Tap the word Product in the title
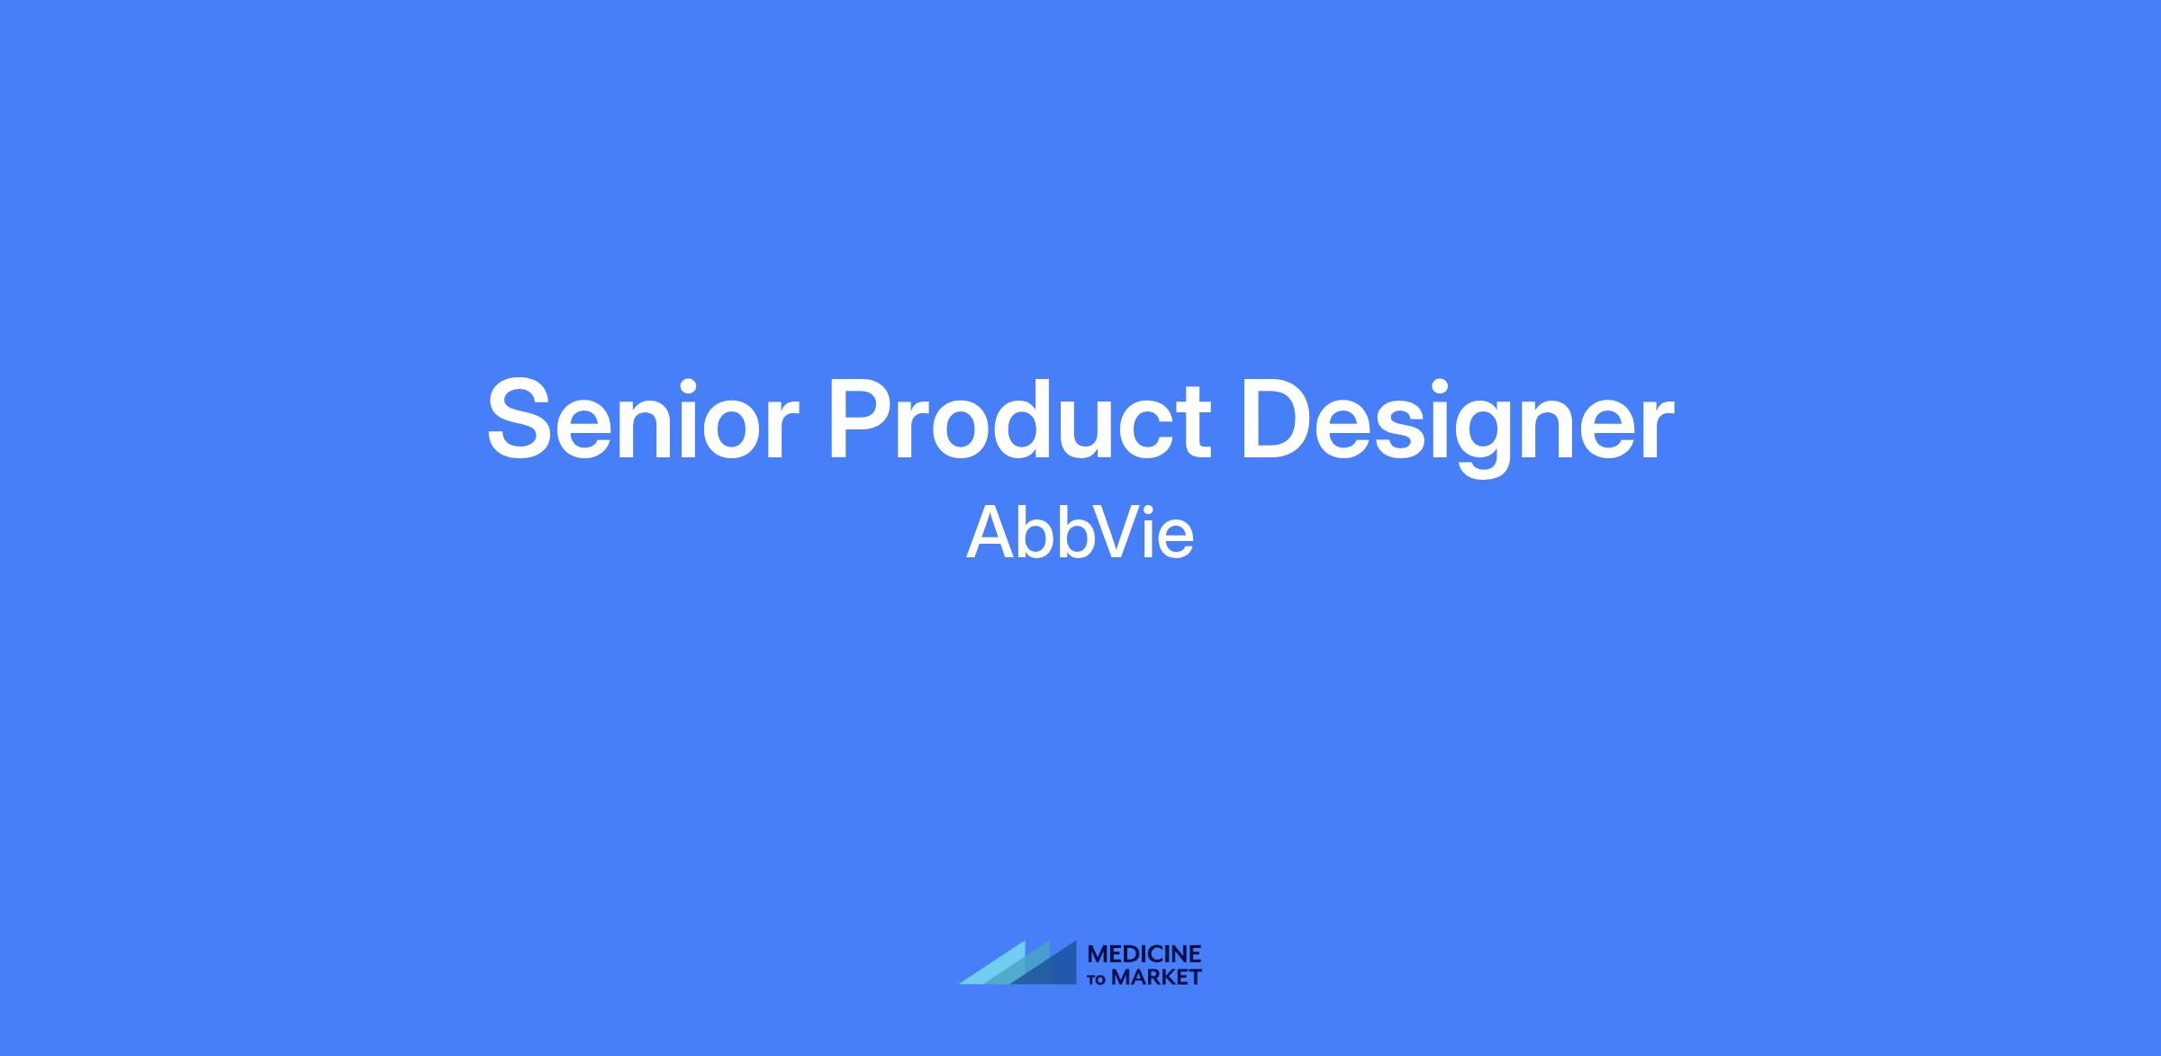[x=1019, y=420]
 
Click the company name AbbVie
[x=1080, y=532]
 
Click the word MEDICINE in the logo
[x=1144, y=953]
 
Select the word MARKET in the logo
[x=1156, y=977]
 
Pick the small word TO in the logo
[x=1098, y=979]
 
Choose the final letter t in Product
[x=1195, y=423]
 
